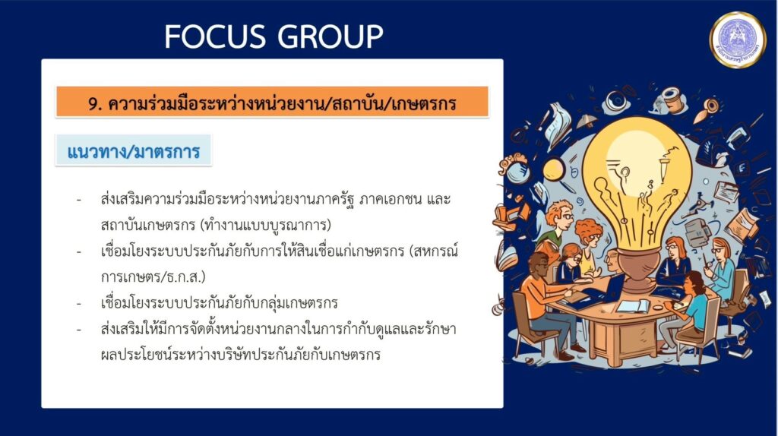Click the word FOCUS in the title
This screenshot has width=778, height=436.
[x=214, y=36]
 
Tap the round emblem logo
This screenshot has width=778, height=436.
[x=737, y=39]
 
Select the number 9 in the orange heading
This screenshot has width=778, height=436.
[x=93, y=104]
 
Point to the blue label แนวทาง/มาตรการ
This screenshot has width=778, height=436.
[x=134, y=151]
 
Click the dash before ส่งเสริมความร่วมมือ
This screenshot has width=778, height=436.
[x=79, y=200]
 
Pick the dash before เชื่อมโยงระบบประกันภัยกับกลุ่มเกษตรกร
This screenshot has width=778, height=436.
[x=79, y=302]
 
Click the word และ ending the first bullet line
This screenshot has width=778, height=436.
[x=438, y=200]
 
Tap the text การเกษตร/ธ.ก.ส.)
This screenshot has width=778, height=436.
[x=153, y=276]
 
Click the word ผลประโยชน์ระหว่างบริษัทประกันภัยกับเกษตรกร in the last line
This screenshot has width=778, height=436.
[x=241, y=355]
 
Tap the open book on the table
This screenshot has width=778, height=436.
[x=633, y=307]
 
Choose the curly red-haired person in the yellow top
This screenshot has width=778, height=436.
[x=589, y=244]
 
